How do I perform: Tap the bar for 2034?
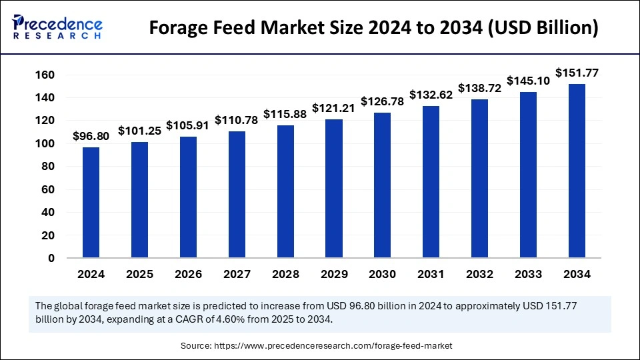(x=577, y=171)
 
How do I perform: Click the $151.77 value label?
(x=577, y=73)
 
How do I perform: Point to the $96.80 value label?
(x=91, y=136)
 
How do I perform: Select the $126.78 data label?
(x=383, y=101)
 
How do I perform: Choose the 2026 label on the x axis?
(x=188, y=274)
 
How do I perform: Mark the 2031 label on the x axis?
(x=431, y=274)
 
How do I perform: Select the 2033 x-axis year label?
(x=528, y=274)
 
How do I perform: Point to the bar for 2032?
(x=480, y=179)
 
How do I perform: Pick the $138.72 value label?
(x=480, y=88)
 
